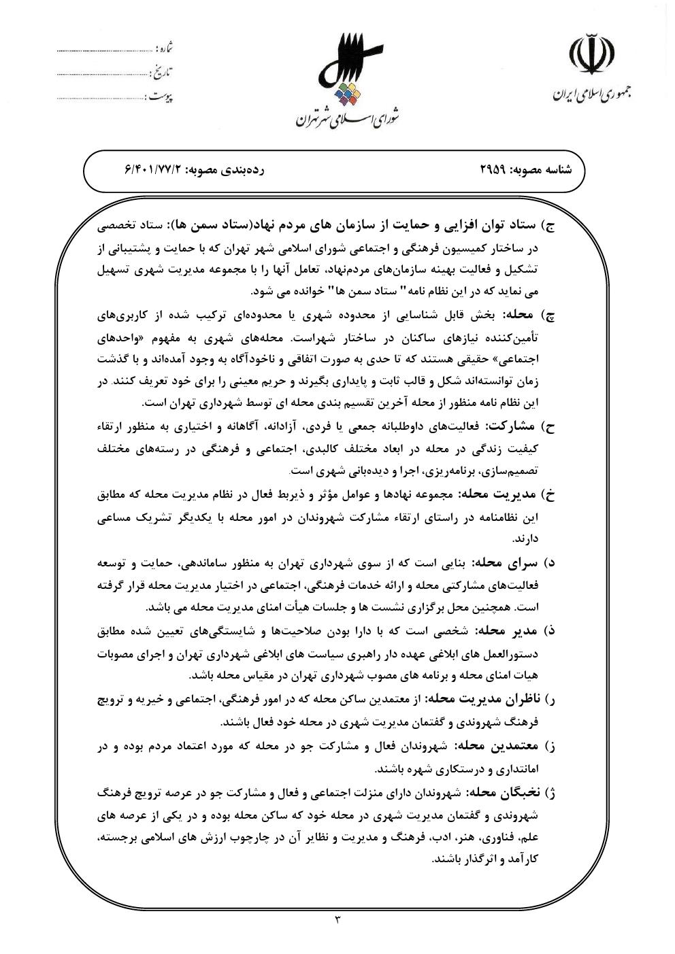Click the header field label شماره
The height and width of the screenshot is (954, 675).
[165, 50]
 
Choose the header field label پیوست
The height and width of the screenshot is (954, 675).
[160, 96]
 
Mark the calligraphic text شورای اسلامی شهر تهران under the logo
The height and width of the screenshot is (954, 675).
[347, 120]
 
